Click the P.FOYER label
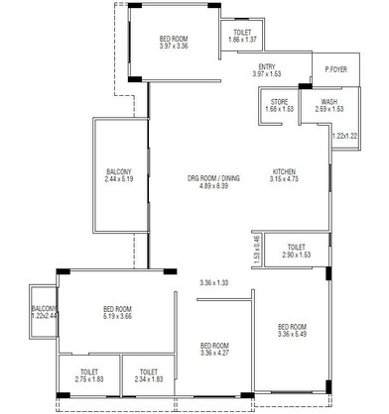(x=336, y=70)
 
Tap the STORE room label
(x=279, y=101)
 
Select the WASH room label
(x=327, y=101)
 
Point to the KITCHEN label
(x=286, y=171)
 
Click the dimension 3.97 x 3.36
(x=173, y=46)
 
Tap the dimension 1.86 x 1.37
(x=243, y=40)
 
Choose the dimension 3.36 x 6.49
(x=293, y=335)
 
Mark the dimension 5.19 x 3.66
(x=117, y=317)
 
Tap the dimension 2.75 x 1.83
(x=89, y=379)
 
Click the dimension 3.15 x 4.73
(x=286, y=179)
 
